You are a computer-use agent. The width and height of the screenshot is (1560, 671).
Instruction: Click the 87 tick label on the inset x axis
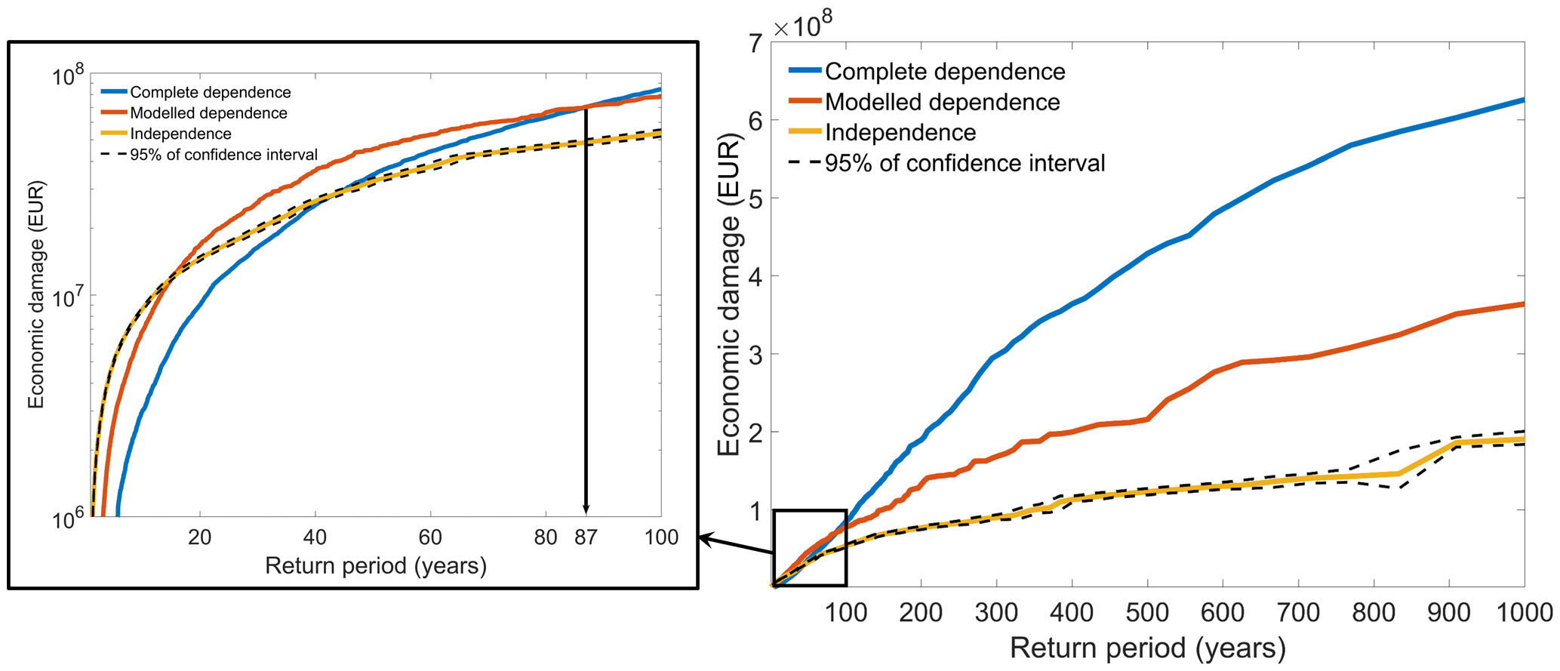click(586, 537)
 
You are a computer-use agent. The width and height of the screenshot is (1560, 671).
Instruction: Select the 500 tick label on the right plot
click(1147, 612)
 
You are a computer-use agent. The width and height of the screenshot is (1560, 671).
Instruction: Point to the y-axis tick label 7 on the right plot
click(755, 44)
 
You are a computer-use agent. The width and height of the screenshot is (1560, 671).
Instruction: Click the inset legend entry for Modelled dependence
click(208, 113)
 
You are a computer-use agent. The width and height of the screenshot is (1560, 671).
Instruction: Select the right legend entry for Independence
click(900, 133)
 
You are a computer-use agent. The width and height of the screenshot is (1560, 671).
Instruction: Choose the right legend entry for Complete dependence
click(945, 72)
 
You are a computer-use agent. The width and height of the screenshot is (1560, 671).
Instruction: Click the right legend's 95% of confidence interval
click(965, 163)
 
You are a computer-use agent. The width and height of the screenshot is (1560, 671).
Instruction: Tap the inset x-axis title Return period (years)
click(375, 565)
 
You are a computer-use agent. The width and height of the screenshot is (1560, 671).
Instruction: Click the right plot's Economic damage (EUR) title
click(729, 294)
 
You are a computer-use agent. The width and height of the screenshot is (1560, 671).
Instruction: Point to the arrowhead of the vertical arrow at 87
click(586, 510)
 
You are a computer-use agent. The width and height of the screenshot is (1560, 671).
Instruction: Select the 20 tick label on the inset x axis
click(200, 537)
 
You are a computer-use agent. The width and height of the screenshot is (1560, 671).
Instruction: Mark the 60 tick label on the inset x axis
click(430, 537)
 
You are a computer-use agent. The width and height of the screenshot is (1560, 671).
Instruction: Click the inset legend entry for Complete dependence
click(210, 92)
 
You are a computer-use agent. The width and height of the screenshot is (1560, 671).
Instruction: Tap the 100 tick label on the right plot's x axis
click(845, 612)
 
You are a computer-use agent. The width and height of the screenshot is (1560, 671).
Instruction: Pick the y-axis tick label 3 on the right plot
click(755, 355)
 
